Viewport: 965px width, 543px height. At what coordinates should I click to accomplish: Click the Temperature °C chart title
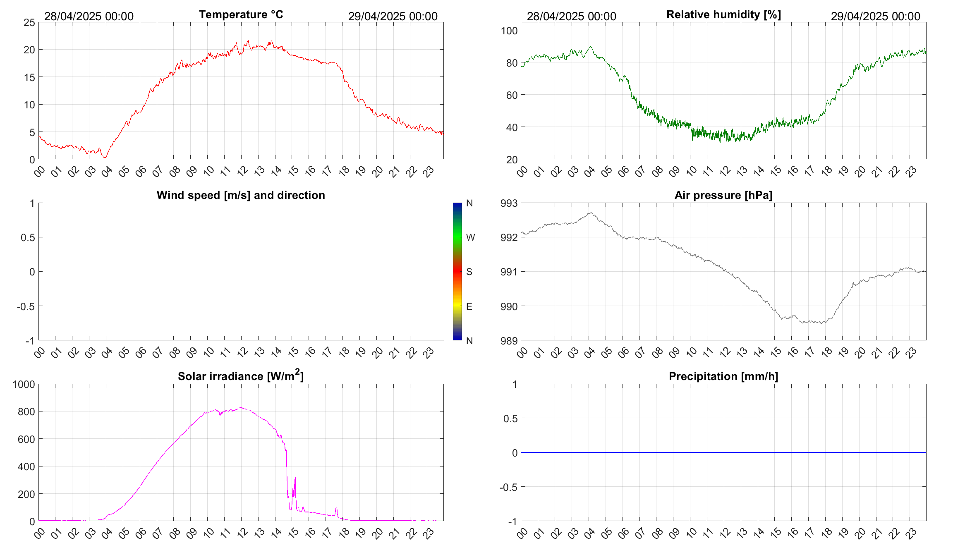coord(241,14)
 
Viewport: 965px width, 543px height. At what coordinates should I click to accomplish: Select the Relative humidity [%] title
coord(723,14)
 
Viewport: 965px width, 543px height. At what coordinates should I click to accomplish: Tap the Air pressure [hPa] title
coord(723,195)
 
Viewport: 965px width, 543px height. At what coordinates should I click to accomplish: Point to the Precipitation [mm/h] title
coord(723,376)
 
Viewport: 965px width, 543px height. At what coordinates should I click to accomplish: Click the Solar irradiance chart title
coord(241,376)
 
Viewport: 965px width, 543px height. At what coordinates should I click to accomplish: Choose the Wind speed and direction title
coord(241,195)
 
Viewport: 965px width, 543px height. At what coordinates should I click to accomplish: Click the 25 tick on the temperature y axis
coord(29,23)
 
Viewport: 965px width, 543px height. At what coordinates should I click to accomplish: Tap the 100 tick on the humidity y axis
coord(509,31)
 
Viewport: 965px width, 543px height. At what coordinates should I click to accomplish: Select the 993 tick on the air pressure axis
coord(509,203)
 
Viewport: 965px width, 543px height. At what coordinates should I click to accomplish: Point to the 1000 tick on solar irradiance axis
coord(24,384)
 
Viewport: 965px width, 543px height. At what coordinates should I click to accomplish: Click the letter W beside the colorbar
coord(470,237)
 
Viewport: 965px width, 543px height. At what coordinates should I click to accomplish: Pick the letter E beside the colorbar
coord(469,306)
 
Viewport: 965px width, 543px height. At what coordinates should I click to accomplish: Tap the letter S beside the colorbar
coord(469,272)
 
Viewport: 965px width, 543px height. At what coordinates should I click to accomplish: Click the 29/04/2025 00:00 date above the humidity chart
coord(875,17)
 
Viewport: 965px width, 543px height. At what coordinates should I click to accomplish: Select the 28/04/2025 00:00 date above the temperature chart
coord(89,17)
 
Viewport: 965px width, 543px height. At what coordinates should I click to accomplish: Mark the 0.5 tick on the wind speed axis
coord(28,237)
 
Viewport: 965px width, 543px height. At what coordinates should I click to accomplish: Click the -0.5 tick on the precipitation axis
coord(508,487)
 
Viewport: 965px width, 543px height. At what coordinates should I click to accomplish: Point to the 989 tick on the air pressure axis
coord(509,341)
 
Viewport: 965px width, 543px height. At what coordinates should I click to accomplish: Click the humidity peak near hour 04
coord(590,47)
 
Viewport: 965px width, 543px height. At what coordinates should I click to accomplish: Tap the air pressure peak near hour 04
coord(591,213)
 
